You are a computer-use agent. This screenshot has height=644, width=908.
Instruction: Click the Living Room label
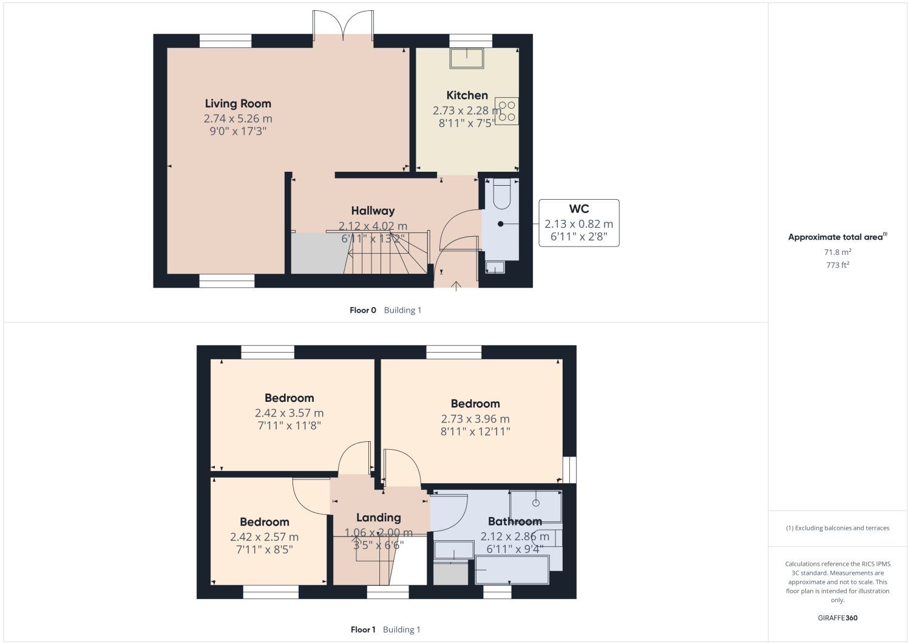238,104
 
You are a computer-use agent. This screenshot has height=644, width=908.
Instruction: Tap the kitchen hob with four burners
507,111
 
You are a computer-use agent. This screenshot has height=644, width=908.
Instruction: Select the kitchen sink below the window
467,58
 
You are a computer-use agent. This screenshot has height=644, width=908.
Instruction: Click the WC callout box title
579,209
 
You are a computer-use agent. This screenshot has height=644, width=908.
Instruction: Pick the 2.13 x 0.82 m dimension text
579,224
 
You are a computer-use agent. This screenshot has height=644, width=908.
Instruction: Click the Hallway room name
373,211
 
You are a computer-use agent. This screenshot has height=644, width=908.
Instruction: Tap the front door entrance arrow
456,286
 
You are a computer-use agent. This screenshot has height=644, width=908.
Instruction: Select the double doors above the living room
343,25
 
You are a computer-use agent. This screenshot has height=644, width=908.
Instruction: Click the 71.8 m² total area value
838,252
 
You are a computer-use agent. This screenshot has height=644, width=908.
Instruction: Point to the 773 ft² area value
838,265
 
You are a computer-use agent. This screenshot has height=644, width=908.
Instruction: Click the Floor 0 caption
363,310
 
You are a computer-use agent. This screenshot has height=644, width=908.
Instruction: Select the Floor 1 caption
363,629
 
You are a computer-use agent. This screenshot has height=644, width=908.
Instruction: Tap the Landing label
379,518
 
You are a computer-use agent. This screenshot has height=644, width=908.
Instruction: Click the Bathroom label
515,521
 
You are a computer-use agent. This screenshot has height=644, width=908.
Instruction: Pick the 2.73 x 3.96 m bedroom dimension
475,419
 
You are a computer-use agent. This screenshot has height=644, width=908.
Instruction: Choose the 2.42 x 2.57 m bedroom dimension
264,537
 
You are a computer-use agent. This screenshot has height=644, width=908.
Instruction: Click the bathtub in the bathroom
512,570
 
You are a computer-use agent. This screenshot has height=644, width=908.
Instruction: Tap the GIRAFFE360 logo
838,618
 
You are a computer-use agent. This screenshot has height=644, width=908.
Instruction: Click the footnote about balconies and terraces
838,528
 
